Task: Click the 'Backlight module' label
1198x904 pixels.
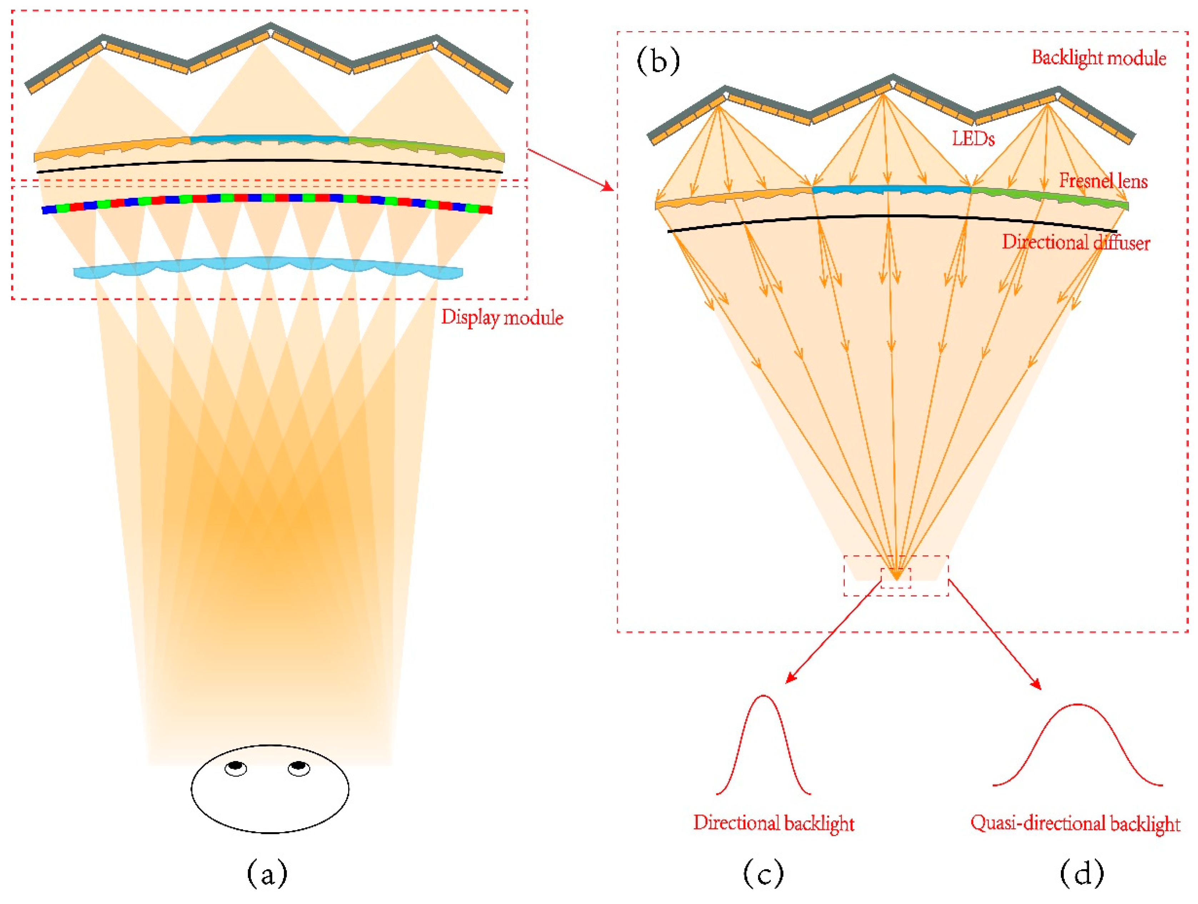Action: click(x=1098, y=58)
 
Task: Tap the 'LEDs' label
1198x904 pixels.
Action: click(x=973, y=139)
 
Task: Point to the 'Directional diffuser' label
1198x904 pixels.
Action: click(x=1076, y=242)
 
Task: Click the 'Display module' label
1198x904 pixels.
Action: click(x=502, y=317)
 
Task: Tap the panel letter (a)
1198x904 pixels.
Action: click(x=267, y=873)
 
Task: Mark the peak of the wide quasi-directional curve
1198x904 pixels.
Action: click(x=1078, y=705)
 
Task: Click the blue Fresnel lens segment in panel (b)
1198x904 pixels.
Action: click(x=891, y=189)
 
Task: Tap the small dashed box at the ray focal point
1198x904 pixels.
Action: click(x=896, y=578)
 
